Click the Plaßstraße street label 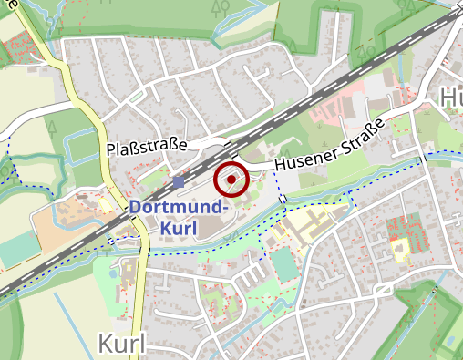click(146, 146)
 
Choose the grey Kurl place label click(120, 345)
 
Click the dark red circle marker click(231, 180)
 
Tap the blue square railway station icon click(178, 182)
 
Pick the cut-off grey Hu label click(450, 98)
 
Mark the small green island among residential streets click(136, 94)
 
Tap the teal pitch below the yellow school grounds click(285, 264)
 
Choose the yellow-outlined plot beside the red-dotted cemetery click(399, 247)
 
